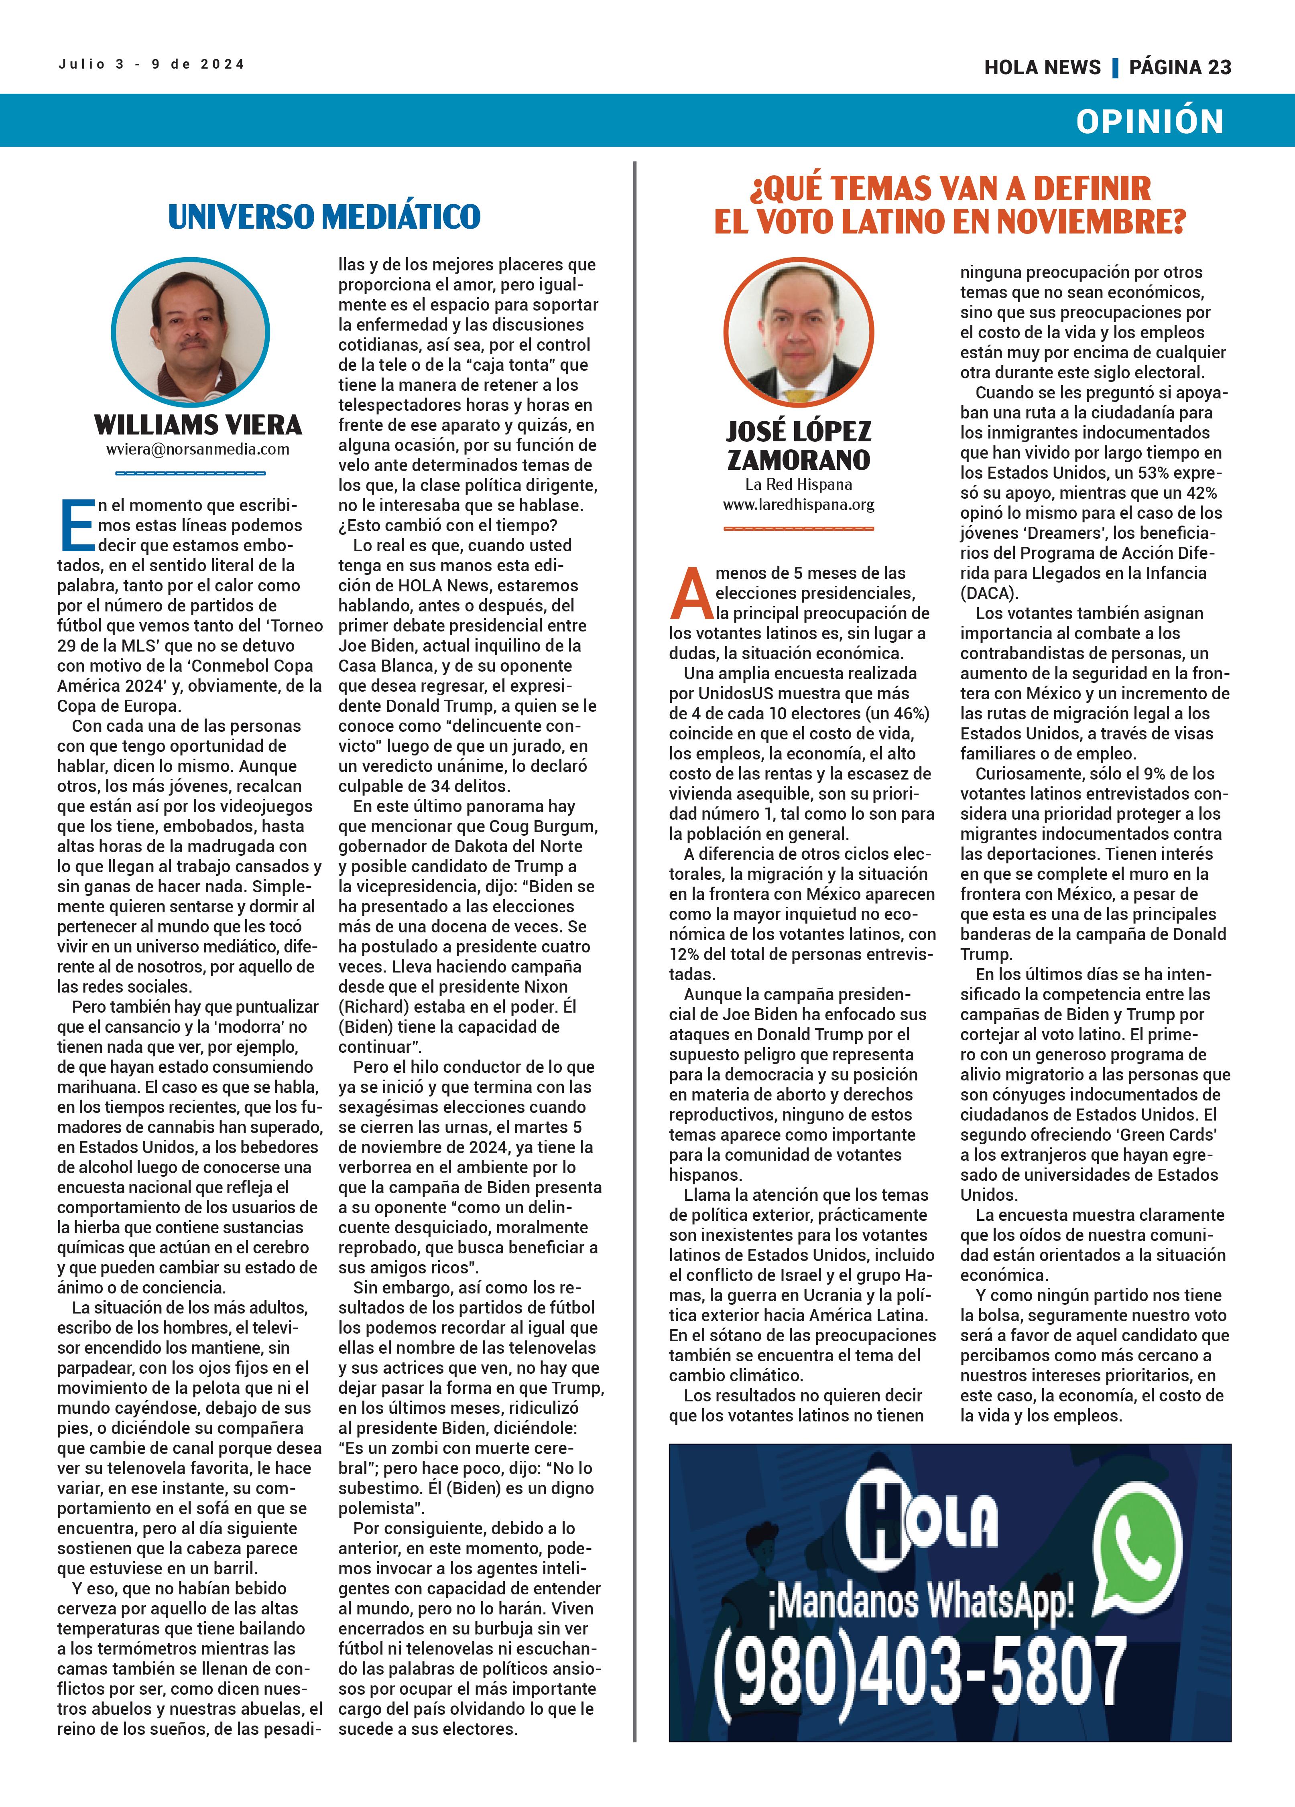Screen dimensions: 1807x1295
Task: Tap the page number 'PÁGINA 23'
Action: (x=1179, y=68)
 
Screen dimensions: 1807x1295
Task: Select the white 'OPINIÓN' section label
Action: (x=1149, y=121)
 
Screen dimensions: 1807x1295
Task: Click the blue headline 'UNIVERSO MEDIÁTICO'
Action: (x=324, y=217)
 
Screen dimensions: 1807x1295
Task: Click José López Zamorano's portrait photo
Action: (x=799, y=332)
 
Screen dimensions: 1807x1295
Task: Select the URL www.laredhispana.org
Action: (x=799, y=504)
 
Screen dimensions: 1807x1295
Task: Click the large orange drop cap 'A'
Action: (x=691, y=593)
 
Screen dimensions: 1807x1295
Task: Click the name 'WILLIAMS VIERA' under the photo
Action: (x=197, y=424)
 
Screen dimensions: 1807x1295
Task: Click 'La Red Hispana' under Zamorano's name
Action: (x=799, y=484)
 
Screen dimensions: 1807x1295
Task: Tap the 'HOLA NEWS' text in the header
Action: (x=1042, y=68)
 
